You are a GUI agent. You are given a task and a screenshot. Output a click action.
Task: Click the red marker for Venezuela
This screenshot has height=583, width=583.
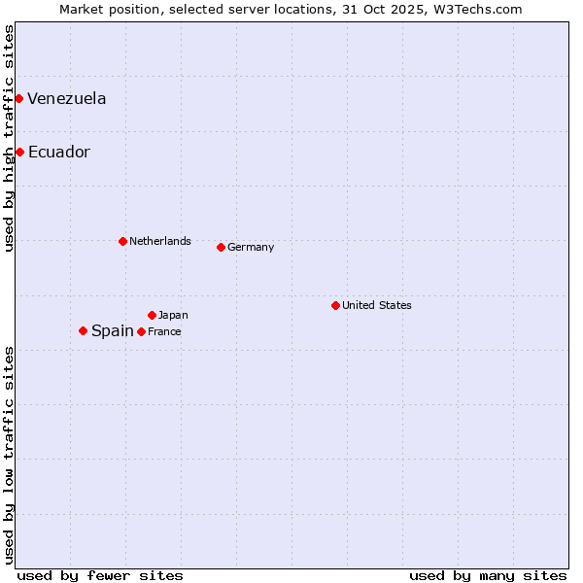tap(18, 98)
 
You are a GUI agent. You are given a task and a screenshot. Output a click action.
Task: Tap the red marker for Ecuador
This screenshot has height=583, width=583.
tap(19, 152)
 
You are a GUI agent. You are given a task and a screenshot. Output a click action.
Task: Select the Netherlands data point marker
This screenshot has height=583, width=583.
tap(122, 241)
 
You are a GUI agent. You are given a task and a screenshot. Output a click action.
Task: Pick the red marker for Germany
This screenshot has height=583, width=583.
tap(221, 247)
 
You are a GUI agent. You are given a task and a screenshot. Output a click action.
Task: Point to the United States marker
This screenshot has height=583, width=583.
tap(335, 305)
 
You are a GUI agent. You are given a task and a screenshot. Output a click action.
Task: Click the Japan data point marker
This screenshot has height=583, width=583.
tap(152, 315)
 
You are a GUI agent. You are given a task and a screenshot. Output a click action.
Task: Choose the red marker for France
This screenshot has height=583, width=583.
tap(142, 331)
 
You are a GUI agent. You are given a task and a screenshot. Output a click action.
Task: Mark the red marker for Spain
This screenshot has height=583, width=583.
tap(83, 330)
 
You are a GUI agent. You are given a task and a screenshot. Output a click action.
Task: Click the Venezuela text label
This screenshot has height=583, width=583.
tap(67, 98)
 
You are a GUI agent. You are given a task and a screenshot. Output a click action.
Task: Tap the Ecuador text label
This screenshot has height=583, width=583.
tap(59, 152)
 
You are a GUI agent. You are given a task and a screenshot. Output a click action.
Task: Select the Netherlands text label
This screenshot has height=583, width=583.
tap(160, 241)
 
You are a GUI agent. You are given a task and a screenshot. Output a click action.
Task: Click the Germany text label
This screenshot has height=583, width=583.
tap(251, 247)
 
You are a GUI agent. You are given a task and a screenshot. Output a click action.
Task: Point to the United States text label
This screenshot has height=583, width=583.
tap(377, 305)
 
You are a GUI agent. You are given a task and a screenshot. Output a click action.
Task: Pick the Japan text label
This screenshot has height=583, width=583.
tap(173, 315)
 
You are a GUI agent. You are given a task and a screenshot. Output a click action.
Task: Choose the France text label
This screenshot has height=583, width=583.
tap(164, 331)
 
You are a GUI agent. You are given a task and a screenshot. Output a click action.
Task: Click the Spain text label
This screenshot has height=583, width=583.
tap(113, 330)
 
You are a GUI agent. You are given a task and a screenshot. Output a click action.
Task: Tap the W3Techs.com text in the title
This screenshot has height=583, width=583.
tap(479, 9)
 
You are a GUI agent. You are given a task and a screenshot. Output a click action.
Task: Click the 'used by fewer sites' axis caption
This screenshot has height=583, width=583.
tap(100, 575)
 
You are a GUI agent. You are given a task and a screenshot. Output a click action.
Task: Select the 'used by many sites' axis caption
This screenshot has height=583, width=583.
tap(488, 575)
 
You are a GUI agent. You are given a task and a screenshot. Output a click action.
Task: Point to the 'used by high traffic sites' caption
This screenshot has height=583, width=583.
tap(9, 138)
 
